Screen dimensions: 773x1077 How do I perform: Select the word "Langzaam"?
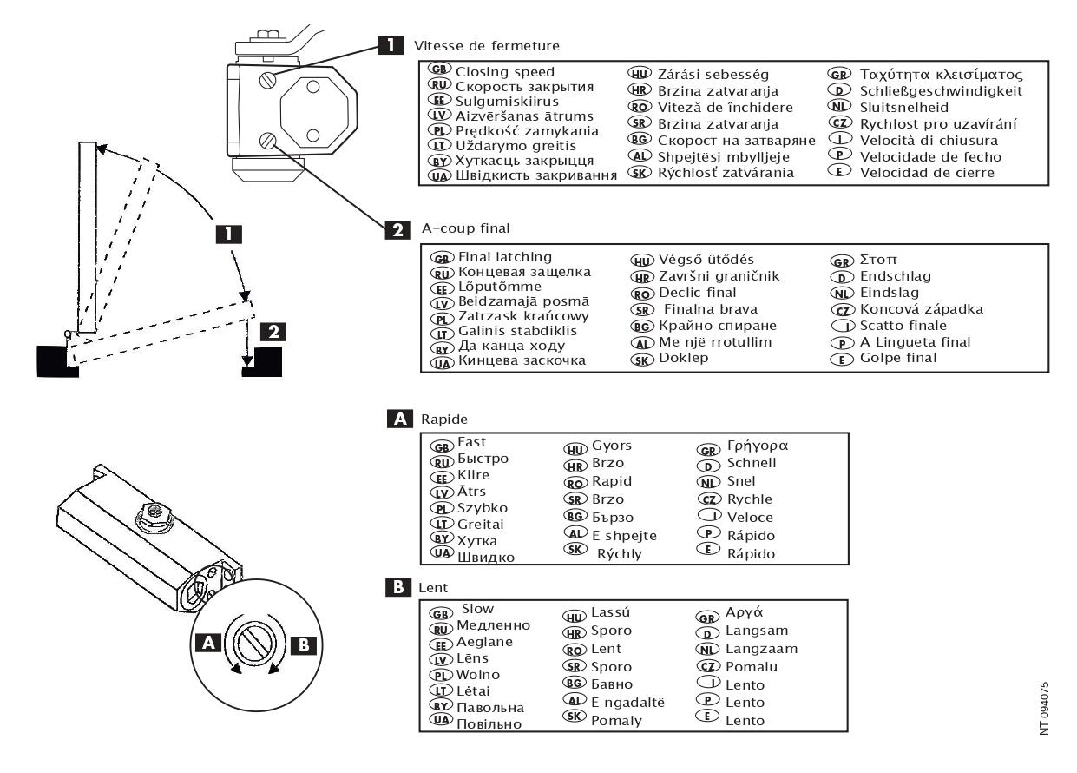coord(762,648)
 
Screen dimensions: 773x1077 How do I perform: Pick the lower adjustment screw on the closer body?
coord(270,140)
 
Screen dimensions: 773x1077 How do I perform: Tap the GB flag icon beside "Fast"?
coord(442,445)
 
